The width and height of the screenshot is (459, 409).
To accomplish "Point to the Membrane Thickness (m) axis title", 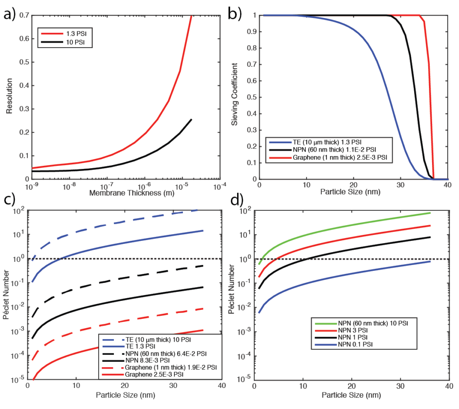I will pyautogui.click(x=125, y=193).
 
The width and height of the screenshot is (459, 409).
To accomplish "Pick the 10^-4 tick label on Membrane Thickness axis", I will pyautogui.click(x=219, y=186).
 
